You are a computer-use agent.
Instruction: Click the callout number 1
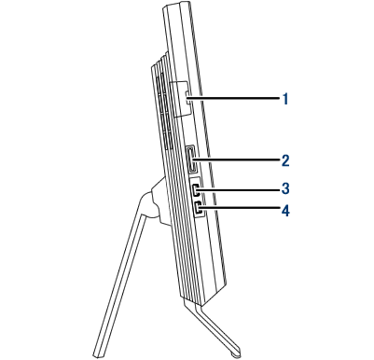[x=285, y=99]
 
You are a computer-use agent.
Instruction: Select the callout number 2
[x=285, y=160]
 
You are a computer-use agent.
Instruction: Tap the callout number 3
[x=285, y=188]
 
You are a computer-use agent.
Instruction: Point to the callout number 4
[x=285, y=212]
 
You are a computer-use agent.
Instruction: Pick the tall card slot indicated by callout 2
[x=192, y=159]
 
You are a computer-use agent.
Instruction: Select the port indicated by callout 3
[x=196, y=189]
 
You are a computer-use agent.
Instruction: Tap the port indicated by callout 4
[x=198, y=208]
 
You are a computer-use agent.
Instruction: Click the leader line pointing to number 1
[x=233, y=99]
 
